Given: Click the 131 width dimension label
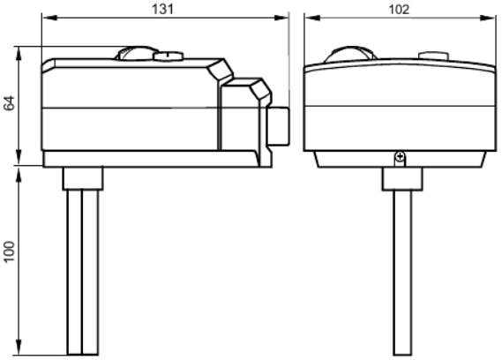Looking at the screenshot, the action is pyautogui.click(x=162, y=10).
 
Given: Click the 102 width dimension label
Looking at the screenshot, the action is pyautogui.click(x=399, y=10).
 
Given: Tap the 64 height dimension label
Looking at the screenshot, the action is pyautogui.click(x=10, y=103).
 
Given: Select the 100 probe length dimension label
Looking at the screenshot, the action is pyautogui.click(x=10, y=251).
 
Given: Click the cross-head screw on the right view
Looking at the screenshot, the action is pyautogui.click(x=400, y=157).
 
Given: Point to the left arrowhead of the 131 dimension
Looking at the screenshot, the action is pyautogui.click(x=49, y=18).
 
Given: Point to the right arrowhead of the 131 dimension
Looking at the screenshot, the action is pyautogui.click(x=281, y=18).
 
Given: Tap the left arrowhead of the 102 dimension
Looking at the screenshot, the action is pyautogui.click(x=312, y=18).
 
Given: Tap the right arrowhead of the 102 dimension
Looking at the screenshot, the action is pyautogui.click(x=488, y=18).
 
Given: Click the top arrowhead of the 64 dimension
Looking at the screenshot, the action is pyautogui.click(x=19, y=54).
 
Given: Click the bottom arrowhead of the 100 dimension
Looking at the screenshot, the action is pyautogui.click(x=19, y=347).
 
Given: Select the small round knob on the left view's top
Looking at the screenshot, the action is pyautogui.click(x=169, y=56).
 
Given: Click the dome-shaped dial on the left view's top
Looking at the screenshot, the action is pyautogui.click(x=136, y=53).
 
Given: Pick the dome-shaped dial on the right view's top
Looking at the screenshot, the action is pyautogui.click(x=350, y=54).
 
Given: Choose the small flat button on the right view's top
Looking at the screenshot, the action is pyautogui.click(x=433, y=56).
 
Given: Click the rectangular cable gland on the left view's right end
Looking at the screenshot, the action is pyautogui.click(x=279, y=126).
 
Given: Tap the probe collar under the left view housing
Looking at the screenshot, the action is pyautogui.click(x=83, y=178).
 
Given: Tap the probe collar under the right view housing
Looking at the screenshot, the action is pyautogui.click(x=402, y=179).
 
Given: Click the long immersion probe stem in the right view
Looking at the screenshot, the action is pyautogui.click(x=402, y=273).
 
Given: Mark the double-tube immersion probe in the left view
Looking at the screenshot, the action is pyautogui.click(x=83, y=273).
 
